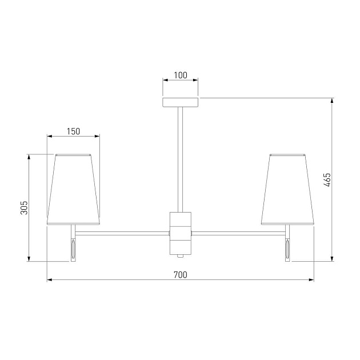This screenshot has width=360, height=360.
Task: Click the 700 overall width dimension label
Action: [181, 275]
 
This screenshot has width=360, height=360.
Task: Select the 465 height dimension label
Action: [327, 180]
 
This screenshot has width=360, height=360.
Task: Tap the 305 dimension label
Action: [24, 208]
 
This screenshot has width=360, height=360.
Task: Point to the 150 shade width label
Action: [74, 131]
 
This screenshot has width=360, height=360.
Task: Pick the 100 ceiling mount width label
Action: [181, 75]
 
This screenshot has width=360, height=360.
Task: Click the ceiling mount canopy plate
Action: [181, 102]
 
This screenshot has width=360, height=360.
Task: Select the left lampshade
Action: [74, 189]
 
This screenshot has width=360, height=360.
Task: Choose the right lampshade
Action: [287, 189]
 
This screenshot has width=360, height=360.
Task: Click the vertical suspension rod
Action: [181, 159]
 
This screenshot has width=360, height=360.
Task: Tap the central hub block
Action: [181, 233]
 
